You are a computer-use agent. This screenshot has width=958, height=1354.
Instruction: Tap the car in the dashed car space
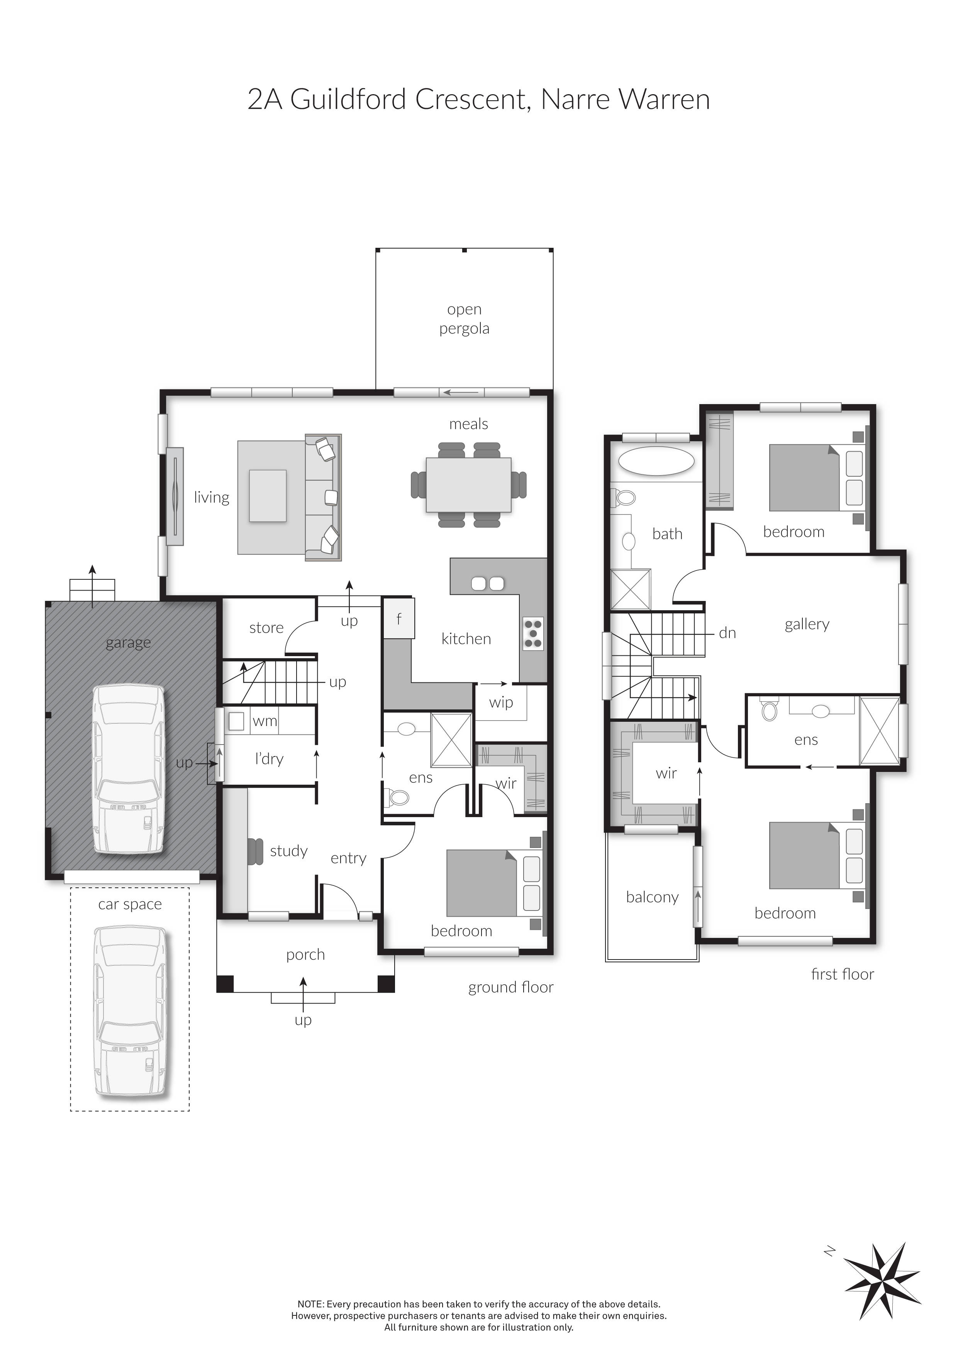[x=130, y=1011]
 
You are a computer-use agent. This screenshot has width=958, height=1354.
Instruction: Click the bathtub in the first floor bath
[x=656, y=461]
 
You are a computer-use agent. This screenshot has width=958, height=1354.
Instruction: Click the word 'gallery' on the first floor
[x=806, y=624]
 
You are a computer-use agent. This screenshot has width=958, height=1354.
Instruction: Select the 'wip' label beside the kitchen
[x=501, y=702]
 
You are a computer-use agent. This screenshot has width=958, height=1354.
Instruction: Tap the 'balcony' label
[x=652, y=897]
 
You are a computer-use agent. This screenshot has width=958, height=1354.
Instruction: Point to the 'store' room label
[x=266, y=628]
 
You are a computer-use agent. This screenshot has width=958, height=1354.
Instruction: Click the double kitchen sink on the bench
[x=487, y=584]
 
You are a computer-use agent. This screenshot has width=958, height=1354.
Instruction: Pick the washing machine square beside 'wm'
[x=236, y=721]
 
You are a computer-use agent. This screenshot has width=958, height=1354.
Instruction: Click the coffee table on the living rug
[x=268, y=496]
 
